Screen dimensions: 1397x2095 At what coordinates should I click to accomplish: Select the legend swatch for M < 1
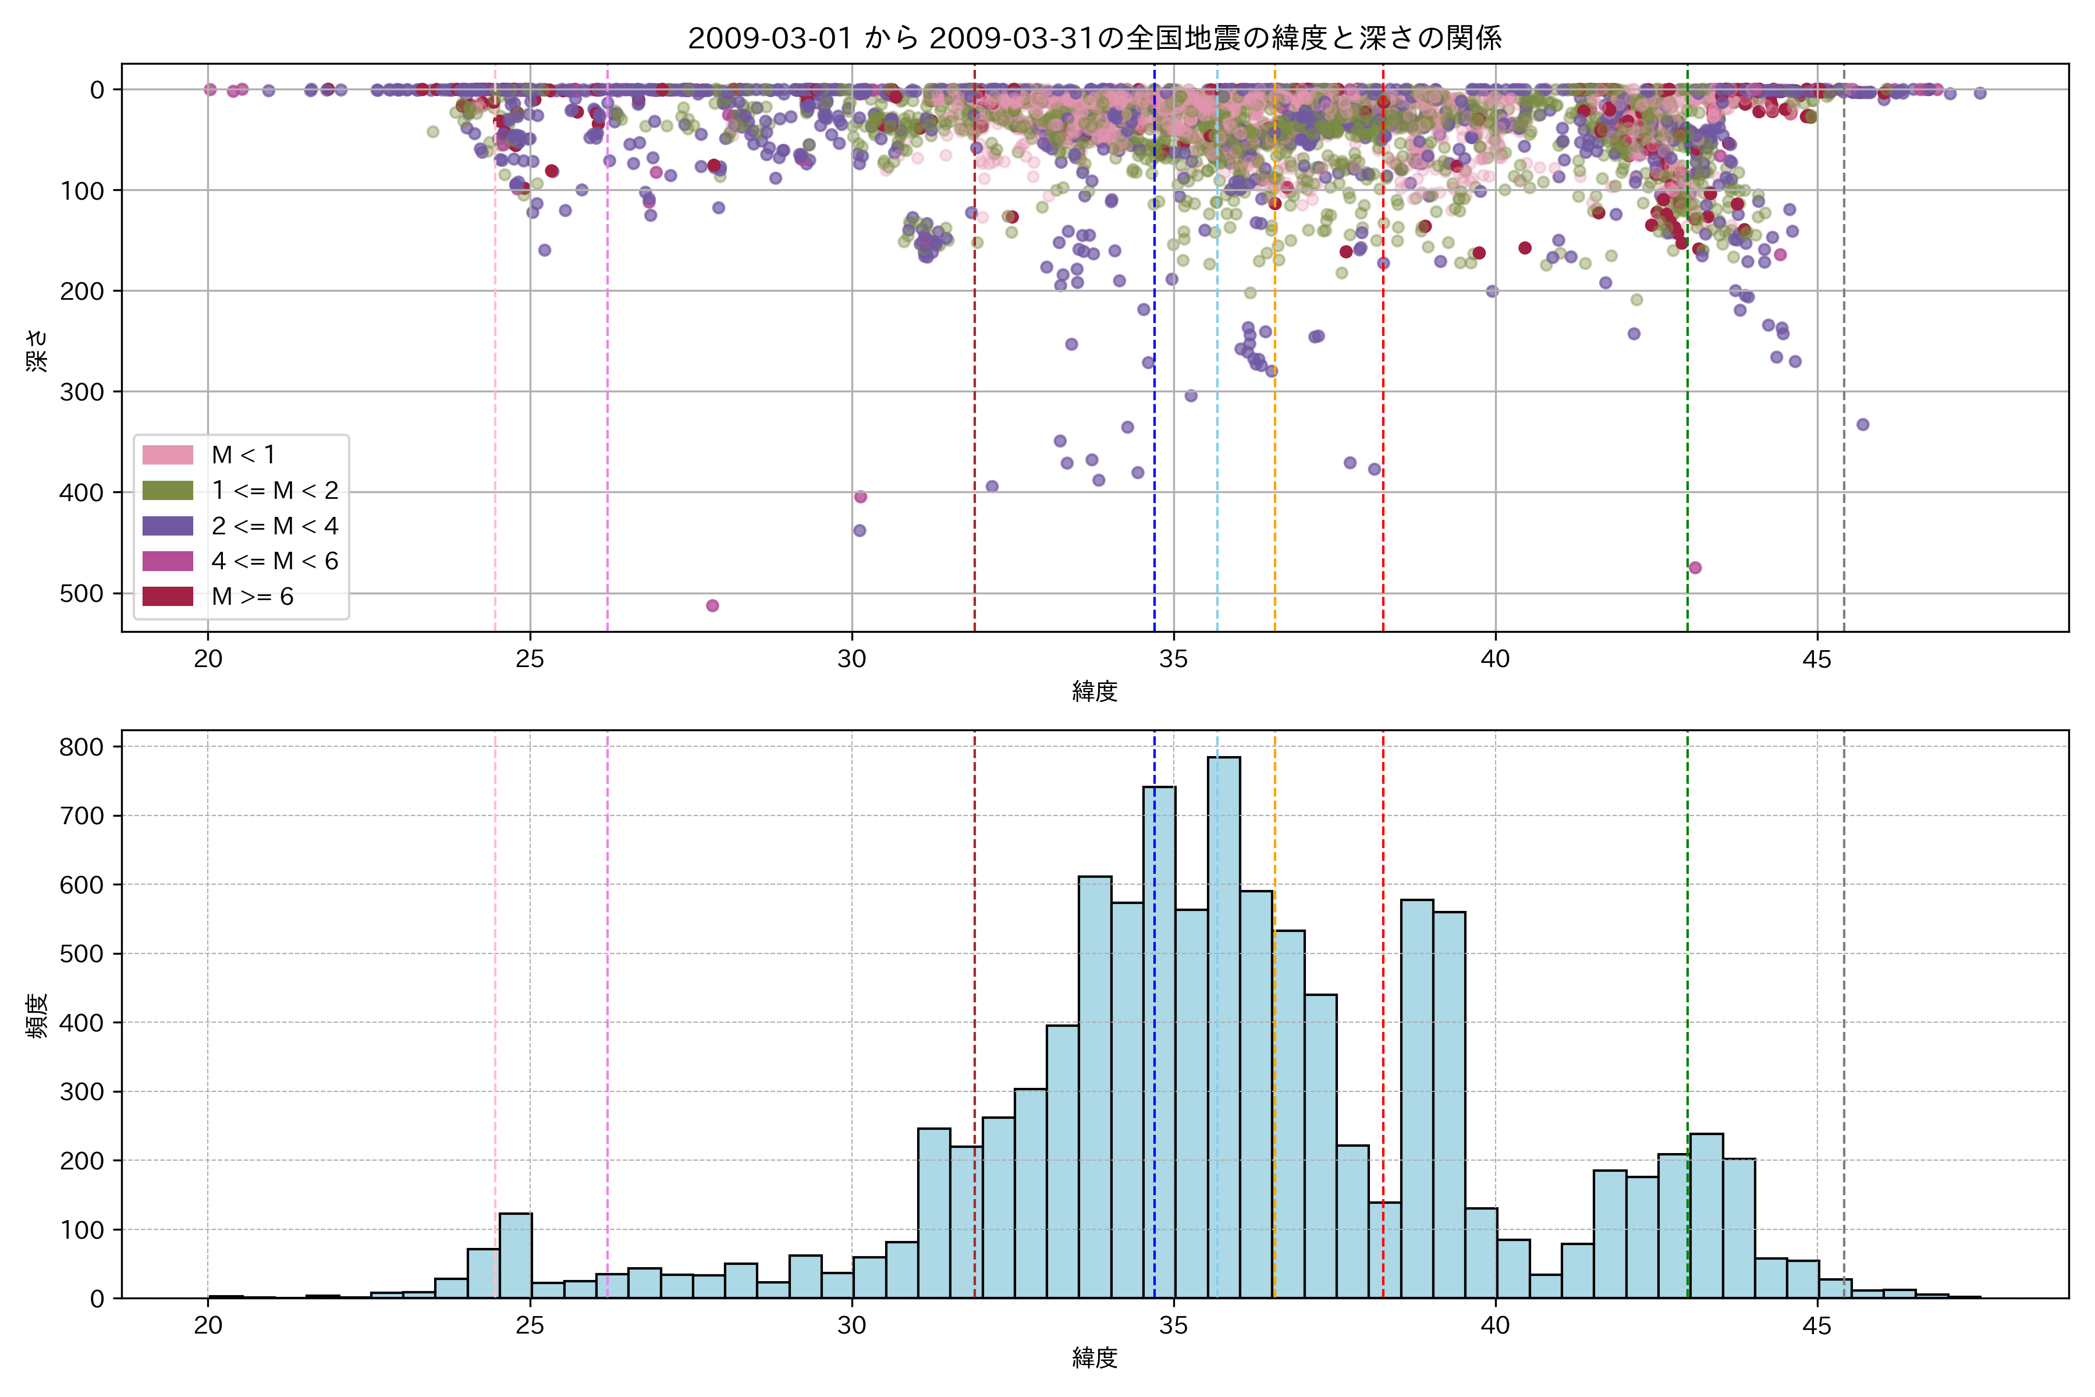point(168,455)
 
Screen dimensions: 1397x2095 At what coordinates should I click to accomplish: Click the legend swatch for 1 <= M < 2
point(168,490)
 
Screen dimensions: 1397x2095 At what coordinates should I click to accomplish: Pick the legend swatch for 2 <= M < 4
point(168,526)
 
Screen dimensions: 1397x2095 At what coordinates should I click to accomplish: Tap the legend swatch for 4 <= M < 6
point(168,561)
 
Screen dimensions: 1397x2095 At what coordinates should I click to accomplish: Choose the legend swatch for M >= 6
point(168,596)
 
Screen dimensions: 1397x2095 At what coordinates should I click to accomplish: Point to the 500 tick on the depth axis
point(82,593)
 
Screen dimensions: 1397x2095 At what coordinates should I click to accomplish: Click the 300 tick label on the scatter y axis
point(82,392)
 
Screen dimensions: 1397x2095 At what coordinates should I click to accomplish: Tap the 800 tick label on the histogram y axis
point(82,747)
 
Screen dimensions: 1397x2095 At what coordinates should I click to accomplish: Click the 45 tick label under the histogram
point(1817,1326)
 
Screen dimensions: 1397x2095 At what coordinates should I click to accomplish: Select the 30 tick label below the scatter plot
point(851,660)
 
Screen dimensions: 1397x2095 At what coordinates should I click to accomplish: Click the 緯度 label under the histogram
point(1095,1358)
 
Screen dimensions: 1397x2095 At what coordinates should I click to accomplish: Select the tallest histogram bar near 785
point(1224,1024)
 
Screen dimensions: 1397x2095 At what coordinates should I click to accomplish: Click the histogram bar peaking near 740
point(1159,1043)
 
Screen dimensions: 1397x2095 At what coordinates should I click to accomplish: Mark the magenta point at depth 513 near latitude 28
point(712,606)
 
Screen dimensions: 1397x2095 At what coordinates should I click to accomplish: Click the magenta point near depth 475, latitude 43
point(1695,568)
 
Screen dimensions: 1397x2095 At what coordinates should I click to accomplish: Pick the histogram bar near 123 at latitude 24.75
point(516,1256)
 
